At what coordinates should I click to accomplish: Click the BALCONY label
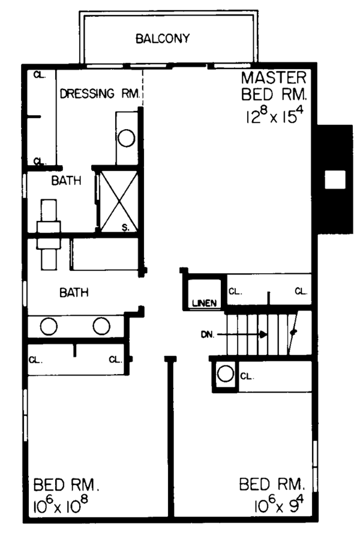click(162, 39)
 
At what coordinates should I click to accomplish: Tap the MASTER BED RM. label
click(275, 86)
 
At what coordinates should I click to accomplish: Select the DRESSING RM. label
click(100, 93)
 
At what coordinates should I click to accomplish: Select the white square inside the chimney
click(334, 179)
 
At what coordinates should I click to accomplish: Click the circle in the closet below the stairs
click(224, 374)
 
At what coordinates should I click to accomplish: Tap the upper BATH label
click(63, 181)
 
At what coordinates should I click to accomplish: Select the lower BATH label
click(74, 293)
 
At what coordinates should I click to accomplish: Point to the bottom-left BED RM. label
click(62, 483)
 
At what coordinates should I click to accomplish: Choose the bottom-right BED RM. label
click(272, 483)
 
